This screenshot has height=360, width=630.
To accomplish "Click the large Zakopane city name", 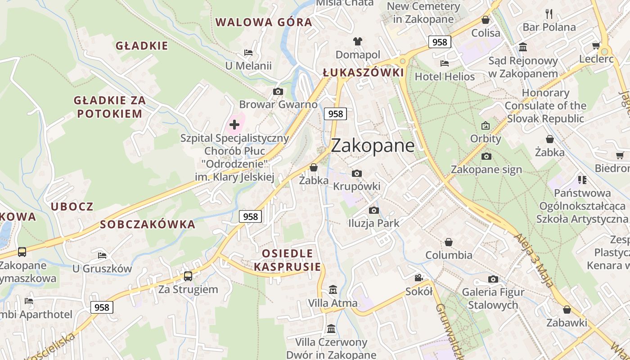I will point(373,145).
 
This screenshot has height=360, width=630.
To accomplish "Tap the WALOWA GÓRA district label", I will point(264,22).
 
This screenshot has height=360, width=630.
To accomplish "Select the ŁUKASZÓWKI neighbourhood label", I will point(363,73).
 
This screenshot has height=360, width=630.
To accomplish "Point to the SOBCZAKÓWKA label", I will point(148,225).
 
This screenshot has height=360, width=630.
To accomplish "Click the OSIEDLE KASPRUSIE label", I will point(288,260).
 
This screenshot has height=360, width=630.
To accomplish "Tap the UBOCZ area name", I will point(72,207).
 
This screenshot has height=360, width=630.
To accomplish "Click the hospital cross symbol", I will point(234,125).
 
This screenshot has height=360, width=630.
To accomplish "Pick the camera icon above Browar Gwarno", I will point(278,92).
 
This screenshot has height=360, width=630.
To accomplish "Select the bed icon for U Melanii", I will point(248,53).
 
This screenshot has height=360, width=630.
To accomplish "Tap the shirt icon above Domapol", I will point(358,41).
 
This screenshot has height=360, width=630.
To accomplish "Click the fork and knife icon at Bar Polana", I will point(549,14).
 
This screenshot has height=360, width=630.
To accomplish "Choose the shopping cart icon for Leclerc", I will point(596,45).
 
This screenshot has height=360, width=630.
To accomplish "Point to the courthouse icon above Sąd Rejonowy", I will point(523,47).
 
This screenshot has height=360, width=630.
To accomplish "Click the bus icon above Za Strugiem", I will point(188,276).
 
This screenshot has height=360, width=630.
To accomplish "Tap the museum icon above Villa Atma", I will point(333,289).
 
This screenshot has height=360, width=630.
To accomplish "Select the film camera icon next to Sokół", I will point(418,278).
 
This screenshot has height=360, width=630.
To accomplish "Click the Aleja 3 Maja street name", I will point(534,260).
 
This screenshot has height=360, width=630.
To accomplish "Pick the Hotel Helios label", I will point(445,76).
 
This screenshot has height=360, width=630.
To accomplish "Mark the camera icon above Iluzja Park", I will point(373,210).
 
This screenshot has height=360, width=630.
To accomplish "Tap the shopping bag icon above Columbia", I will point(449,242).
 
